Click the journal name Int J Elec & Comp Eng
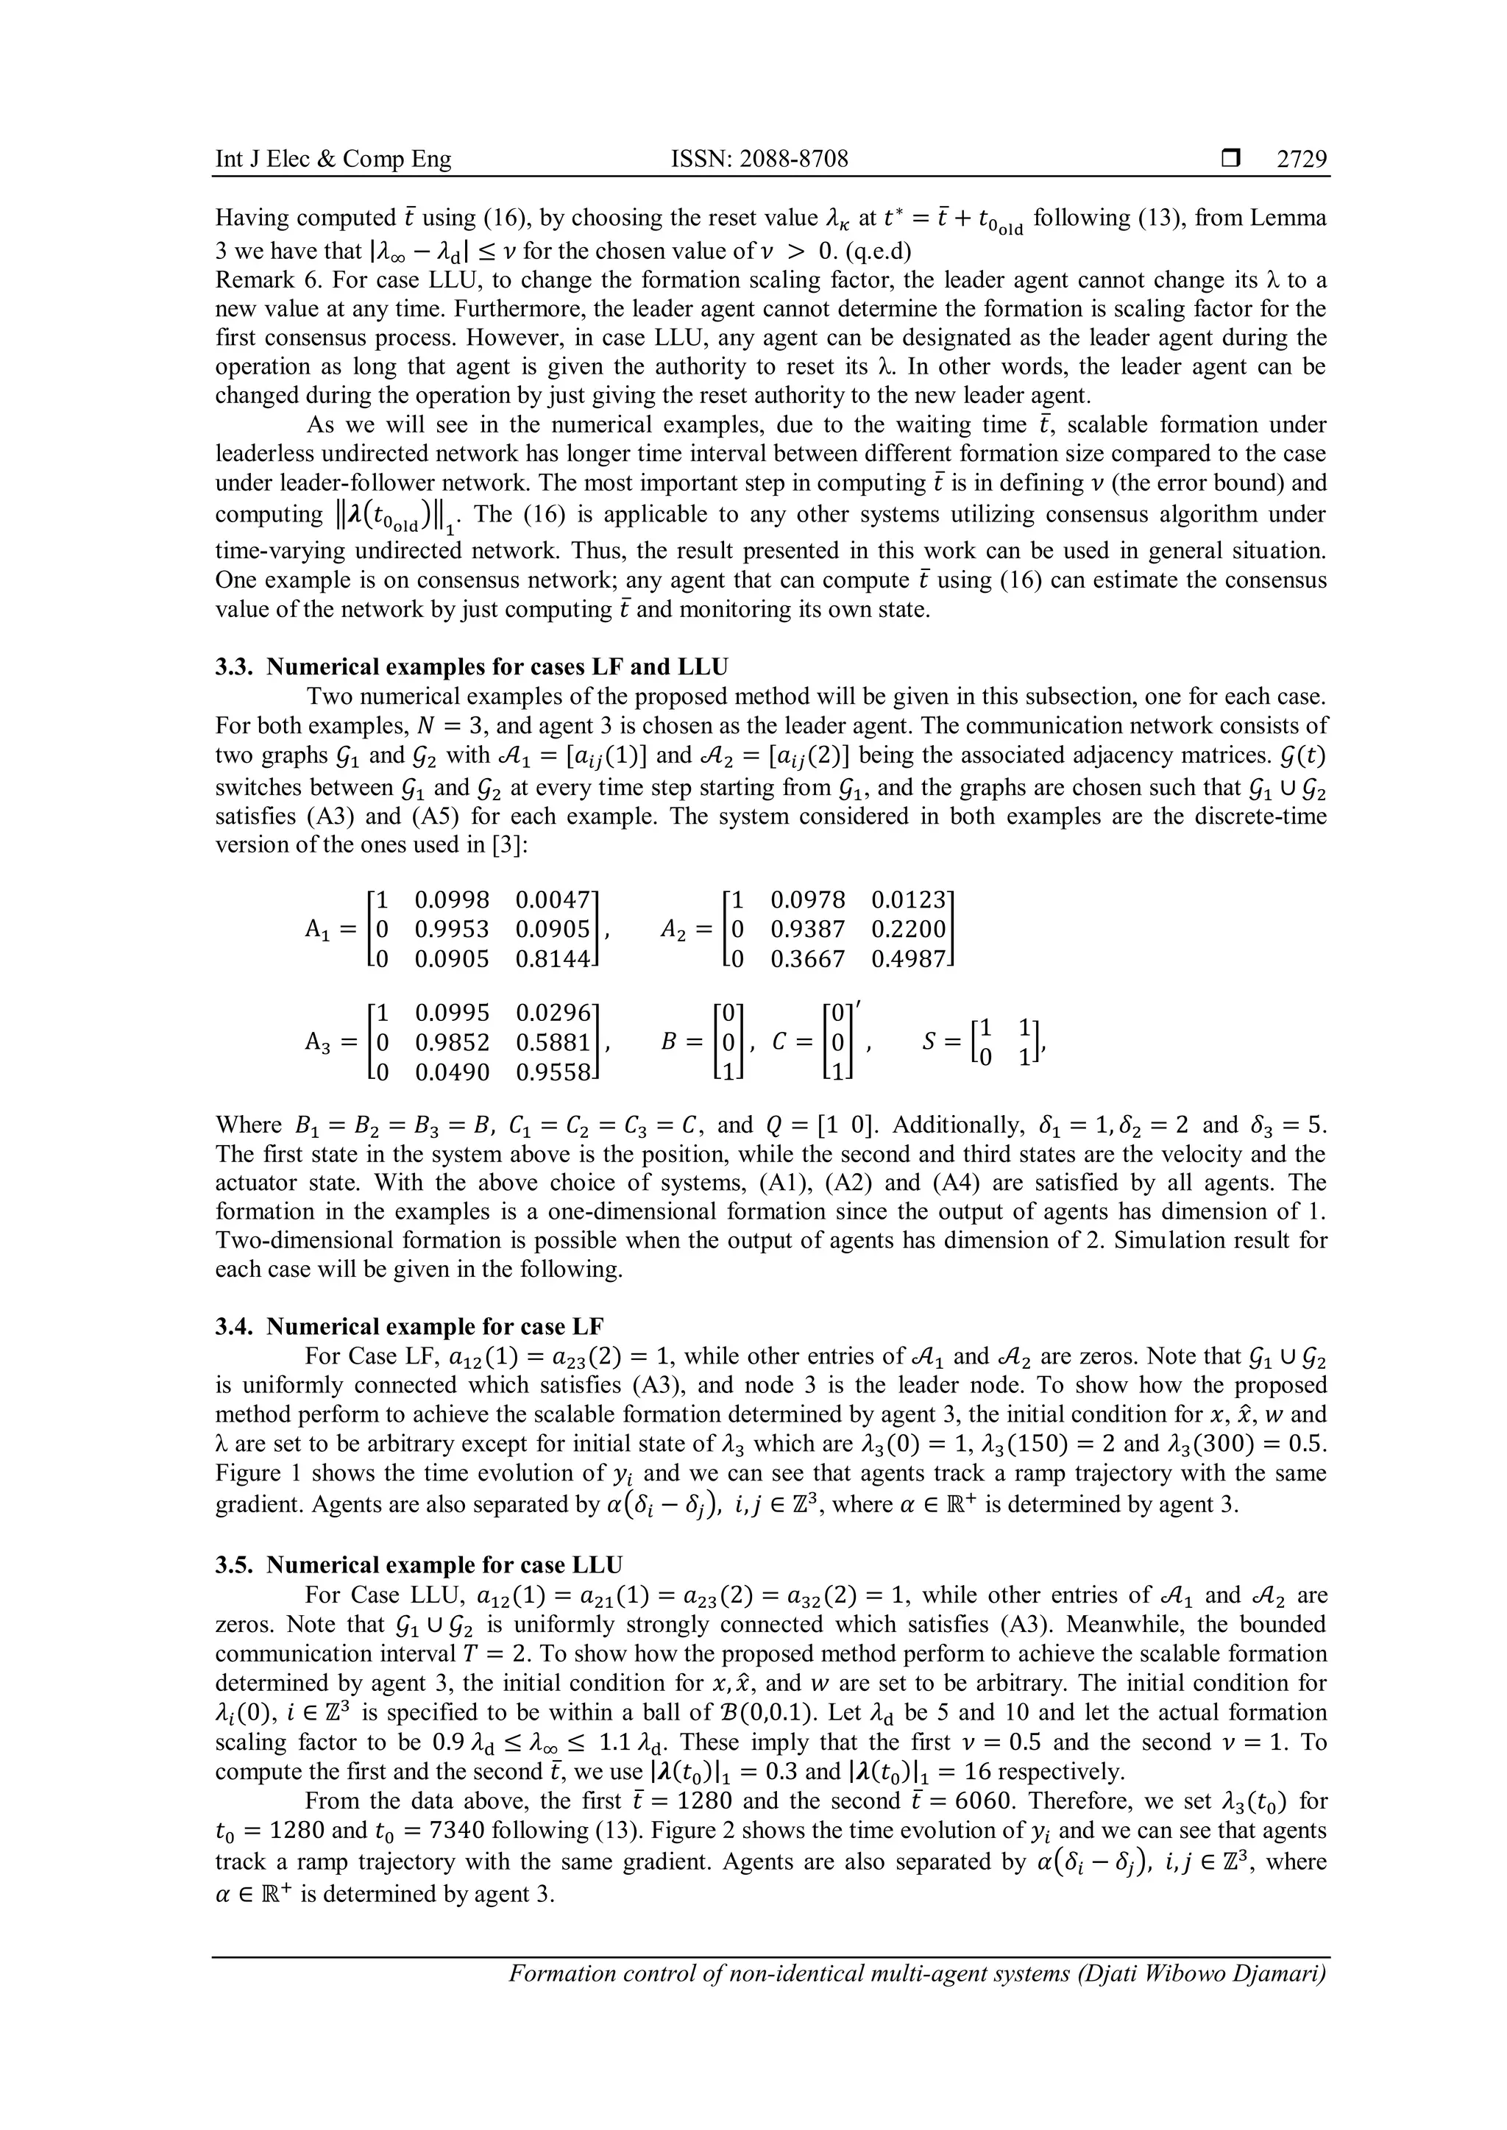(333, 160)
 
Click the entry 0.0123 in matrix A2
(909, 900)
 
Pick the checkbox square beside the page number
(1230, 160)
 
